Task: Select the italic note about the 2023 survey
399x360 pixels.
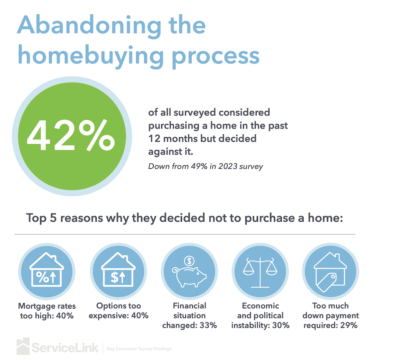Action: tap(206, 166)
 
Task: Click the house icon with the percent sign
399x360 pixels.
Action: tap(46, 270)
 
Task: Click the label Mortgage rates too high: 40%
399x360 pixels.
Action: tap(47, 311)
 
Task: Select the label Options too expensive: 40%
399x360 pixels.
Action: tap(118, 311)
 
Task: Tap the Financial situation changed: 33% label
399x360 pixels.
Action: tap(189, 315)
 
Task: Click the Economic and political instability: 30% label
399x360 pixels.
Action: tap(260, 315)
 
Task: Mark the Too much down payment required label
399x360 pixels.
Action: tap(330, 315)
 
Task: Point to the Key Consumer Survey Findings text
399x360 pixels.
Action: tap(139, 349)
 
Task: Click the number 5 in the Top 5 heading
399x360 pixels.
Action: tap(54, 217)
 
